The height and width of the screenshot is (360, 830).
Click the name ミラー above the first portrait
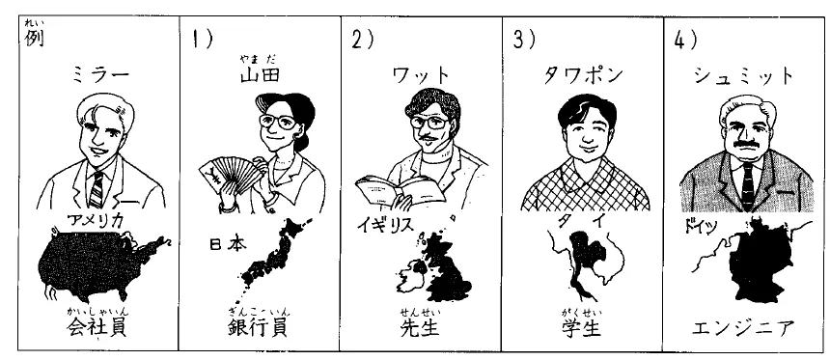point(99,76)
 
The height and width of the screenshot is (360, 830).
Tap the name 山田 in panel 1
point(260,75)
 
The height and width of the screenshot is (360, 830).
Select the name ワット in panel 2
point(421,76)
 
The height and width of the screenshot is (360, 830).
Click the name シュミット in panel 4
point(744,76)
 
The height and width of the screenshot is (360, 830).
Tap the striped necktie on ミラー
point(97,189)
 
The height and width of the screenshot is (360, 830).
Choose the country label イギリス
point(384,226)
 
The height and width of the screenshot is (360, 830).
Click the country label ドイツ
point(701,227)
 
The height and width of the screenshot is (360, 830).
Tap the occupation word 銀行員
point(258,328)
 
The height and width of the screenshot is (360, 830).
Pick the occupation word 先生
point(420,328)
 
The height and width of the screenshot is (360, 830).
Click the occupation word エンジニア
point(743,329)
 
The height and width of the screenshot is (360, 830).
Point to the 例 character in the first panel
point(35,39)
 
